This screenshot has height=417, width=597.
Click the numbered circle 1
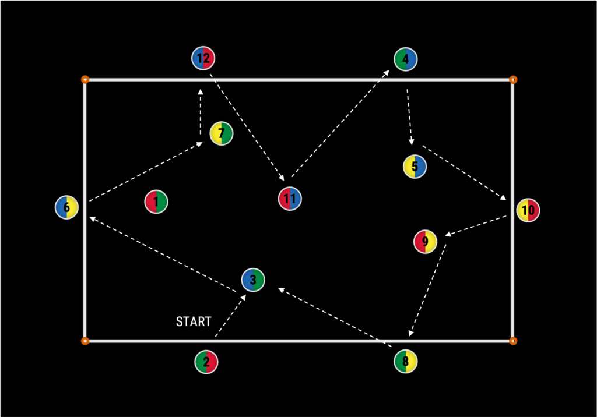[156, 202]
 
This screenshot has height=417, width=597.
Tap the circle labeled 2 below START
[206, 362]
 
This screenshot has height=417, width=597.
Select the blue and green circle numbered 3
[253, 280]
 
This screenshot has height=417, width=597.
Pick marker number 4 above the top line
[406, 59]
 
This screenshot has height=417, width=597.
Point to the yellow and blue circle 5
[415, 167]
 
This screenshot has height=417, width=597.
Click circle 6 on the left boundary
[66, 207]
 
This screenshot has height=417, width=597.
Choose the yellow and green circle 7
[221, 133]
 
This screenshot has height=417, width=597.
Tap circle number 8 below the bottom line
[405, 361]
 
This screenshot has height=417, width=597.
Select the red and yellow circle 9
[425, 241]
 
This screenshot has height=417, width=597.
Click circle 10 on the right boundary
[528, 210]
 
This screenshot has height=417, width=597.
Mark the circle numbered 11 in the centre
[290, 199]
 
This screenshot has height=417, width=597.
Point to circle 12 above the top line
[203, 58]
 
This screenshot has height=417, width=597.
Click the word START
[194, 321]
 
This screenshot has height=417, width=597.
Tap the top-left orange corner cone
[85, 79]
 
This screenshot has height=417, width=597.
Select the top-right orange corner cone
[513, 79]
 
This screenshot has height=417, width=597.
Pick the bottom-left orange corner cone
[85, 341]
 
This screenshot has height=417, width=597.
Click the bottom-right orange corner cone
[513, 341]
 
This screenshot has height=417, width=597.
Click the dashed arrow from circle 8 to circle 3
[335, 317]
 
